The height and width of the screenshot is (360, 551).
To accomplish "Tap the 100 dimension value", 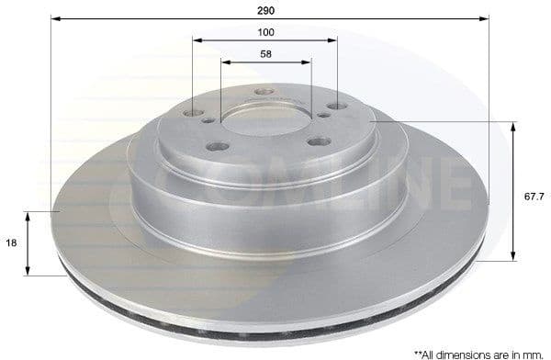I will coord(266,32).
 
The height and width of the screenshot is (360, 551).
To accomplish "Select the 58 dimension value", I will coord(266,55).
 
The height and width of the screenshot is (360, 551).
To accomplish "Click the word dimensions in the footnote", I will coord(464,352).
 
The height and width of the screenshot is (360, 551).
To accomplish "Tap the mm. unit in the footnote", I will coord(533,352).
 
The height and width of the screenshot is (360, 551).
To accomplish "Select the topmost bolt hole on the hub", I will coord(264,92).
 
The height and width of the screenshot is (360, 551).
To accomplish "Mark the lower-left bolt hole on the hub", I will coord(218,146).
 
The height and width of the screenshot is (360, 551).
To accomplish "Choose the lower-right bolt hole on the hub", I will coord(319,141).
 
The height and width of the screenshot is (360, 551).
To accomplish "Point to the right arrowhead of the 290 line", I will coord(486,18).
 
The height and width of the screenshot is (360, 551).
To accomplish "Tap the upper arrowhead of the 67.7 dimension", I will coord(511,126).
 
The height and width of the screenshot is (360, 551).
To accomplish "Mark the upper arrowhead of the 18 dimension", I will coord(28,215).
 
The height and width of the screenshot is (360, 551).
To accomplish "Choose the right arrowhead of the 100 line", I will coord(334,40).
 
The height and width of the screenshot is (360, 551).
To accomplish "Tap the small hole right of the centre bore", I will coord(325,115).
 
